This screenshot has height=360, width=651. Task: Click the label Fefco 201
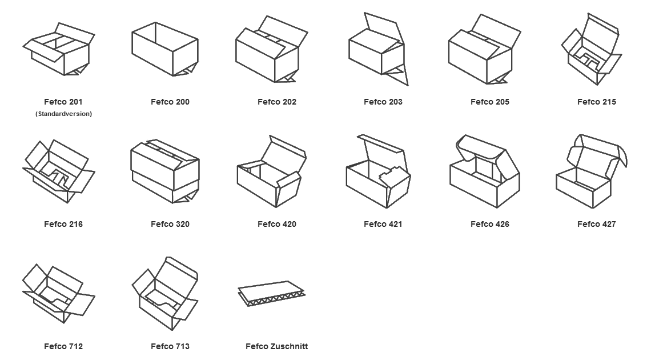(63, 102)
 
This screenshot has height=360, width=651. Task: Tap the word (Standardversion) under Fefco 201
(63, 114)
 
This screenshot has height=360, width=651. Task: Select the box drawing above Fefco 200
(165, 50)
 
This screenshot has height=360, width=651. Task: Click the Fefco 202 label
(276, 102)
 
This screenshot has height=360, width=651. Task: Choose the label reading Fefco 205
(489, 102)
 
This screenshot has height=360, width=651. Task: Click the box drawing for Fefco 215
(590, 51)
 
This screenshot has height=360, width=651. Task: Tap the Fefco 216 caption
(63, 224)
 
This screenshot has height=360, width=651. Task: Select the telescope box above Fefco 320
(165, 171)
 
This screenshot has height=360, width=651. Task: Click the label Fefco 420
(276, 224)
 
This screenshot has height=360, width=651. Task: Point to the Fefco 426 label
(489, 224)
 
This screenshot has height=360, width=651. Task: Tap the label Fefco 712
(63, 346)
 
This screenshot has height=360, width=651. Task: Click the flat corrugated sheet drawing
(272, 293)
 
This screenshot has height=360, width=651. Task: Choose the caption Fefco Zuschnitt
(276, 346)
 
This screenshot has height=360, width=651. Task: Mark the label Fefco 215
(596, 102)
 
